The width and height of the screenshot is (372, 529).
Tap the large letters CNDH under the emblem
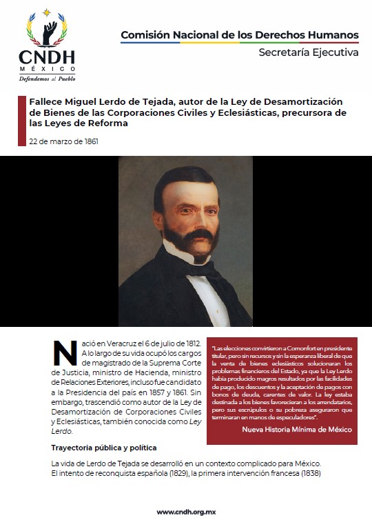[x=47, y=57]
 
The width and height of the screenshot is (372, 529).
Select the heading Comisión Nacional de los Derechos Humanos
[x=239, y=34]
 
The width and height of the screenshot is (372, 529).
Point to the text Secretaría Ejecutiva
[x=308, y=52]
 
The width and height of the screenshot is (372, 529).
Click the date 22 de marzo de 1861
[x=63, y=142]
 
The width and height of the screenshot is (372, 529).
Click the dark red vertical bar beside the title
[x=21, y=121]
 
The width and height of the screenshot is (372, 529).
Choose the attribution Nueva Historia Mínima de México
[x=296, y=429]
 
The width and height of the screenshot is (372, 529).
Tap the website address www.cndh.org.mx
[x=186, y=512]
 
